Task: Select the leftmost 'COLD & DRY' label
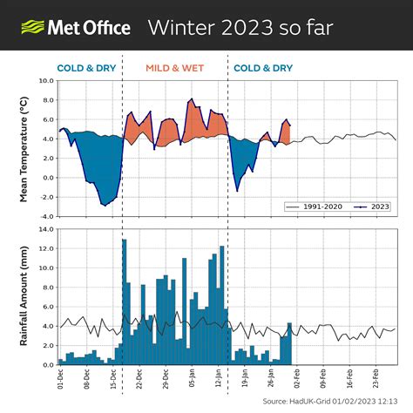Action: (86, 67)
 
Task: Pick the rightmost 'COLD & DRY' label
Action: (263, 67)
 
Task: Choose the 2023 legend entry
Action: (372, 206)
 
